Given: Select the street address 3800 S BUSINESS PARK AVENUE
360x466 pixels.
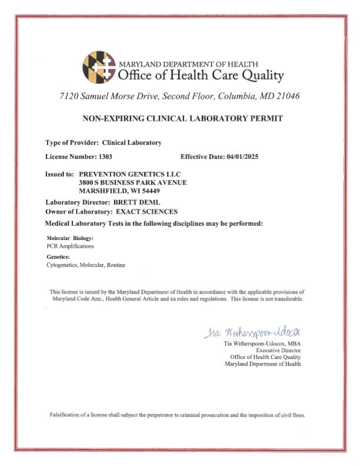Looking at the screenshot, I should pyautogui.click(x=133, y=182).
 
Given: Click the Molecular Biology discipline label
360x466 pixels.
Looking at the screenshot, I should pyautogui.click(x=69, y=238).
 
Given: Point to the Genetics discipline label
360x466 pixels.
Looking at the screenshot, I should pyautogui.click(x=58, y=257).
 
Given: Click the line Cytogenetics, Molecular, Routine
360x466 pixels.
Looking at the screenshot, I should pyautogui.click(x=85, y=265).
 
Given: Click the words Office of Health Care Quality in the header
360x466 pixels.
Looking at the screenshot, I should pyautogui.click(x=201, y=76).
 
